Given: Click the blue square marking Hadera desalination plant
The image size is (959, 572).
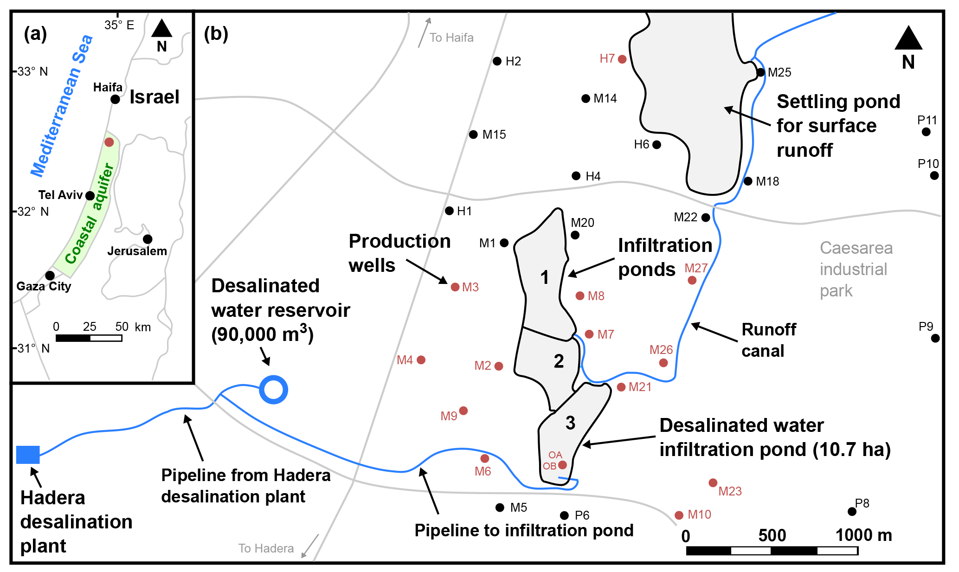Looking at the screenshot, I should pos(28,455).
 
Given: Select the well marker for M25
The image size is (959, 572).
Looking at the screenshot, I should pos(760,72).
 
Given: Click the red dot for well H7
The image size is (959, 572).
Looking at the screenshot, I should pos(622,59).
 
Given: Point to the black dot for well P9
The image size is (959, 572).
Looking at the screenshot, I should pos(935,338).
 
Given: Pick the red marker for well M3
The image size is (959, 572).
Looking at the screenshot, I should pos(455,287).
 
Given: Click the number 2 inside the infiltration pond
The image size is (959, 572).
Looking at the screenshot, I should pos(559,361).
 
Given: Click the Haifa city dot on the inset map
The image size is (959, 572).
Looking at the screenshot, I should pos(116,99).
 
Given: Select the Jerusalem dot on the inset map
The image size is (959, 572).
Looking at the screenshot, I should pos(148,239).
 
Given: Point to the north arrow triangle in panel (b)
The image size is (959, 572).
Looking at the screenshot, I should pos(908,39).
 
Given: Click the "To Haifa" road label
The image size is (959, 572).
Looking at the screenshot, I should pos(451,38).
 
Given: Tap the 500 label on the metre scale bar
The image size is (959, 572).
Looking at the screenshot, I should pos(772,536).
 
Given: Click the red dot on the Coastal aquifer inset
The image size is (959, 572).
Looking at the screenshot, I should pos(109,142).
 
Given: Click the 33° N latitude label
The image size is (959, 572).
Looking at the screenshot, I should pos(32,71).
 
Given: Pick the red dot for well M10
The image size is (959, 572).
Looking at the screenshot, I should pos(679,515).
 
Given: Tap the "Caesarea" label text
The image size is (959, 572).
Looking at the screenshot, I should pos(856,248).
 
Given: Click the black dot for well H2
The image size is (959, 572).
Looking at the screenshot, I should pos(497,61).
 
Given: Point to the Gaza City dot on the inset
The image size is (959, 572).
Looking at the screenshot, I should pos(50,276).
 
